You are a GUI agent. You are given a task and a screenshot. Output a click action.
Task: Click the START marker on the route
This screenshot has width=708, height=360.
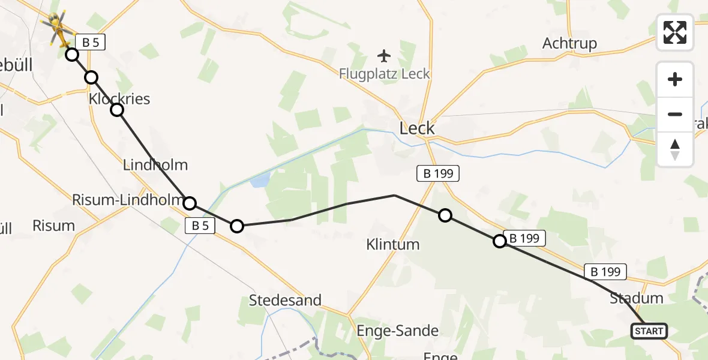coord(649,331)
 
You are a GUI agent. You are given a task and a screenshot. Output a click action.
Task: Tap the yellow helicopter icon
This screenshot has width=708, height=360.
coord(56,28)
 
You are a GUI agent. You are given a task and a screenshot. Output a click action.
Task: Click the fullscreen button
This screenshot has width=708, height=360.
coord(675,32)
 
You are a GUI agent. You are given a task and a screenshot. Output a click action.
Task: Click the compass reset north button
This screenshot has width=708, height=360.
coord(675,149)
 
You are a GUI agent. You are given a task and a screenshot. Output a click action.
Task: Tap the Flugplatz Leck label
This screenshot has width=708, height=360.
coord(385,74)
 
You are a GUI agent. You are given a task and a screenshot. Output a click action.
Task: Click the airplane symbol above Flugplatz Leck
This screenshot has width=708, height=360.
coord(384,56)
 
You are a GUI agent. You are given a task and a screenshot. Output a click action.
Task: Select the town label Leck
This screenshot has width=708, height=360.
coord(417,128)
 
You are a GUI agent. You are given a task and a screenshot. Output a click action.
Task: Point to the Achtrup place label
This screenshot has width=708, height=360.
coord(569,43)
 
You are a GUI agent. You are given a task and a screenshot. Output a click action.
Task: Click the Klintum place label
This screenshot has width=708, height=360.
coord(393,244)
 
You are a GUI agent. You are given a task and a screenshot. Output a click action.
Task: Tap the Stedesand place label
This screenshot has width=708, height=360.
coord(285,300)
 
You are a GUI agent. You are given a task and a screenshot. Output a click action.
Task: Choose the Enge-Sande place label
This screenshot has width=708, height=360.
coord(397,331)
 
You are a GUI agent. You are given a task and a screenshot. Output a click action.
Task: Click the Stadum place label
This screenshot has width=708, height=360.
coord(636,298)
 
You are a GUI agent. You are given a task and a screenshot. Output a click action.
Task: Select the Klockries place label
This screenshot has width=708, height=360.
coord(119,98)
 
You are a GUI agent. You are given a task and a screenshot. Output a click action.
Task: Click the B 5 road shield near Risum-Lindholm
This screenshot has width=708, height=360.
coord(200,226)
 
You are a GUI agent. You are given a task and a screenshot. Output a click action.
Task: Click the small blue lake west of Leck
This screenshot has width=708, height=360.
coord(260,180)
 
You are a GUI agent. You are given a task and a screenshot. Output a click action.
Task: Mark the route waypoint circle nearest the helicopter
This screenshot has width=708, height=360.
coord(71,55)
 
